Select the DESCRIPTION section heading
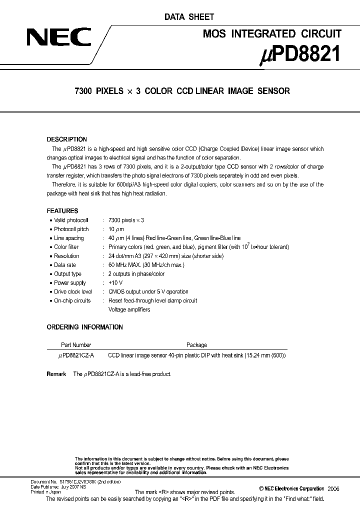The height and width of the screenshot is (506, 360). tap(66, 139)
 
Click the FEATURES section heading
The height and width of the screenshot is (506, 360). tap(62, 211)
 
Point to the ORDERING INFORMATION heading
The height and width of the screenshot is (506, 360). tap(84, 327)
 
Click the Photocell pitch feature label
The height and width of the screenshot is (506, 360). tap(71, 229)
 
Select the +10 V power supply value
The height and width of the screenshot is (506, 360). tap(115, 283)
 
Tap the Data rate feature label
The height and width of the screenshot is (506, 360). tap(65, 265)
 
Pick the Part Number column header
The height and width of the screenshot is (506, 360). tap(75, 345)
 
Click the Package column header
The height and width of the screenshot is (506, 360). tap(196, 345)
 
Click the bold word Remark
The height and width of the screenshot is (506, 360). tap(56, 374)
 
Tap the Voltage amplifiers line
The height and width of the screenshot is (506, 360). tap(129, 309)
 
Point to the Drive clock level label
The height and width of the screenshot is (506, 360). tap(73, 291)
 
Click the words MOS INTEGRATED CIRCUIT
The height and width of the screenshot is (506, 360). tap(272, 34)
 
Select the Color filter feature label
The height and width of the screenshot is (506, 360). tap(66, 247)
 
